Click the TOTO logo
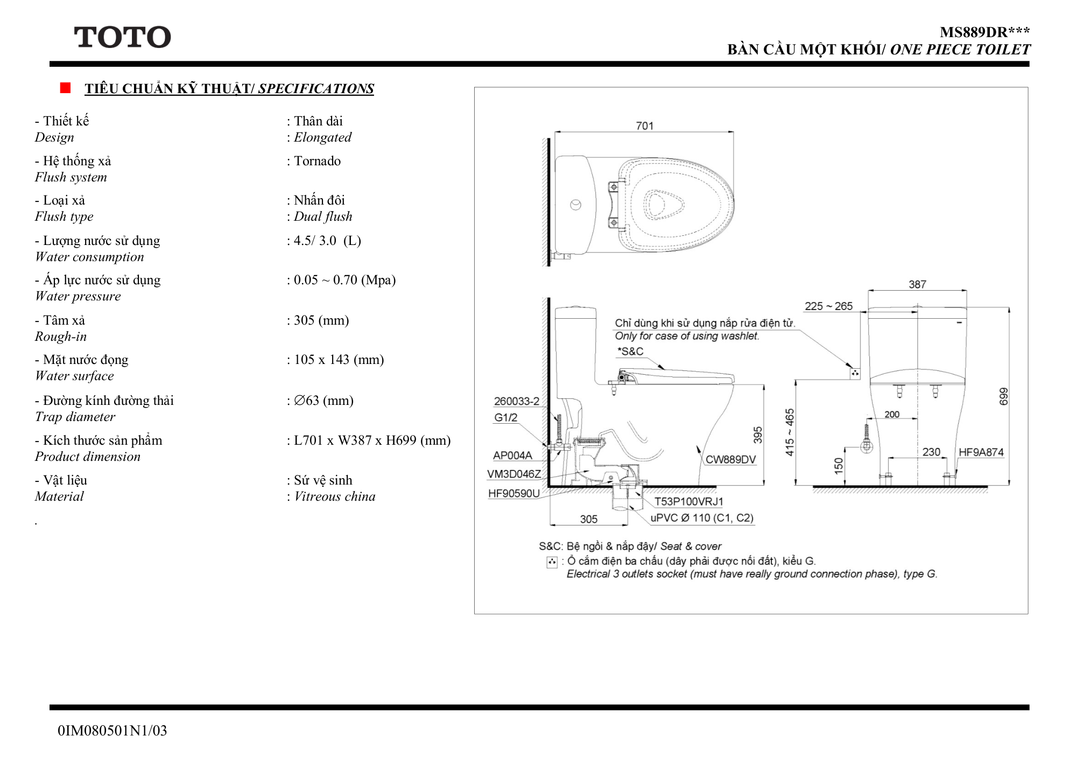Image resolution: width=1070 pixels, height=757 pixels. (x=122, y=37)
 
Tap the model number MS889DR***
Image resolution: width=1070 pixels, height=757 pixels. (x=985, y=32)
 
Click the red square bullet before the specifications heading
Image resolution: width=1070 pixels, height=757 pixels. (x=65, y=88)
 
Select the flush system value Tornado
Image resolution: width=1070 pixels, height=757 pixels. (x=317, y=161)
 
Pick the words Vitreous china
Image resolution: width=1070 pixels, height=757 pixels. (x=335, y=496)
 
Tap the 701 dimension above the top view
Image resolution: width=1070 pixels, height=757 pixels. (x=645, y=126)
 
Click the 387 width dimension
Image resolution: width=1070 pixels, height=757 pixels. (x=918, y=284)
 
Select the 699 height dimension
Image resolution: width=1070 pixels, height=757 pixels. (x=1003, y=397)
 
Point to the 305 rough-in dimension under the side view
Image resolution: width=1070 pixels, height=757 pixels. (x=589, y=519)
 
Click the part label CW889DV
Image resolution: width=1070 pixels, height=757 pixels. (x=731, y=459)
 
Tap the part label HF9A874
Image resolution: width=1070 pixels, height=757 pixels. (x=981, y=452)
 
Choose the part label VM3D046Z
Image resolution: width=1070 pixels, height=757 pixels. (x=514, y=474)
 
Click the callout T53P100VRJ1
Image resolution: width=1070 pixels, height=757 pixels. (x=689, y=502)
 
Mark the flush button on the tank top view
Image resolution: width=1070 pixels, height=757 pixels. (x=576, y=205)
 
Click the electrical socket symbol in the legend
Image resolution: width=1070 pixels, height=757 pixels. (x=552, y=562)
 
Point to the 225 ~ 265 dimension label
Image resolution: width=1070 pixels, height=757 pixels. (x=829, y=306)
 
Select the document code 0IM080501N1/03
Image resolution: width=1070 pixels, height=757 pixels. (x=112, y=731)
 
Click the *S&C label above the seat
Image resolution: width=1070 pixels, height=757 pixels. (x=630, y=352)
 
